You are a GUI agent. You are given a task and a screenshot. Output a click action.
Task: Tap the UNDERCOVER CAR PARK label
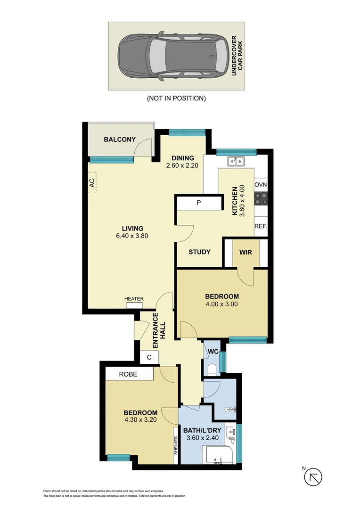tap(236, 56)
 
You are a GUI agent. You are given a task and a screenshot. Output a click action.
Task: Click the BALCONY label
tap(120, 140)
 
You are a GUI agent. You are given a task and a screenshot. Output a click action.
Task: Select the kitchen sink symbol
tap(236, 162)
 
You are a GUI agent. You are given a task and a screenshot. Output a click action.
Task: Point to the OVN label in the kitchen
tap(261, 184)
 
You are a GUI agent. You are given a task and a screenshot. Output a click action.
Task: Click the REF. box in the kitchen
tap(261, 226)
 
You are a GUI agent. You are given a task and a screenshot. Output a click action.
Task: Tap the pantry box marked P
tap(198, 203)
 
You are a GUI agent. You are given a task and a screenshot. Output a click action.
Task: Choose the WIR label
tap(245, 252)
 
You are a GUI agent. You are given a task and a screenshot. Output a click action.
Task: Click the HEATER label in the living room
tap(134, 299)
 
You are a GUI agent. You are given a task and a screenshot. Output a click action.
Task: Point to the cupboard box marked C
tap(149, 357)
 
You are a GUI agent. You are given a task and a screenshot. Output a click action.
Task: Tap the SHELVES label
tap(175, 445)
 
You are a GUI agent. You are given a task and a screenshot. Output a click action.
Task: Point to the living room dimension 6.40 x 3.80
tap(132, 236)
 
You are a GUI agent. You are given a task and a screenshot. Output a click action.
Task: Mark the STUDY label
tap(199, 252)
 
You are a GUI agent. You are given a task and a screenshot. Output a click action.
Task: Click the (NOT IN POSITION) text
tap(176, 99)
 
